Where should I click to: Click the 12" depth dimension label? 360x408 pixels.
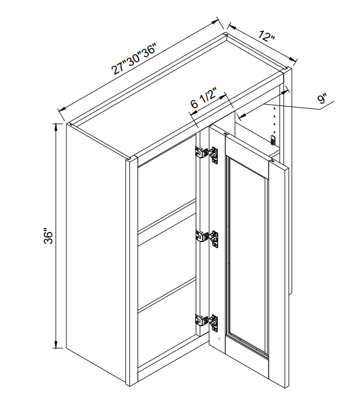coord(267,36)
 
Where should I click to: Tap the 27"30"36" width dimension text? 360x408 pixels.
coord(133,59)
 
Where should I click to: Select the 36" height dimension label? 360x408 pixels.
coord(48,236)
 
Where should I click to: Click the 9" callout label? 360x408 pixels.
coord(323,99)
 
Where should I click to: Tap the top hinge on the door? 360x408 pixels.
coord(207,154)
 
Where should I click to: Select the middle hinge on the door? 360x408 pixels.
coord(207,237)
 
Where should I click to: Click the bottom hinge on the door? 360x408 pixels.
coord(207,322)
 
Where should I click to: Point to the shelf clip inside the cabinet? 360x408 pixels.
coord(273,140)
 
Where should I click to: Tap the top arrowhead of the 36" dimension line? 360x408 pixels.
coord(55,128)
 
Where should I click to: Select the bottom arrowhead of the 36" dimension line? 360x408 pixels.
coord(55,344)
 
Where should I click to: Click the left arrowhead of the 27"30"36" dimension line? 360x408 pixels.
coord(62,109)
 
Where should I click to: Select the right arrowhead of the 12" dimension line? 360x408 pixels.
coord(292,59)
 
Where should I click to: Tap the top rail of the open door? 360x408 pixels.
coord(246,157)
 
